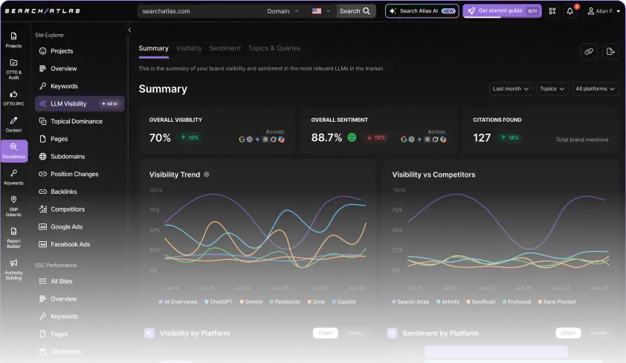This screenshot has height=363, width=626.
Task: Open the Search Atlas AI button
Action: click(422, 11)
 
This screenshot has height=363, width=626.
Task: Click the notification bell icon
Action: click(570, 11)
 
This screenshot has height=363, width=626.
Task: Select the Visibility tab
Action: click(189, 48)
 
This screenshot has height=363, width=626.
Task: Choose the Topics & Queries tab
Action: click(274, 48)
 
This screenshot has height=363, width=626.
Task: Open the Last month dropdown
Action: click(511, 88)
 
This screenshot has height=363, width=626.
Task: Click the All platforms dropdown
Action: click(596, 88)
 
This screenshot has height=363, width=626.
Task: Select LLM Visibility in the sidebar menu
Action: click(68, 104)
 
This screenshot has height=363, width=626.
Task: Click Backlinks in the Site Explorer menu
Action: click(63, 192)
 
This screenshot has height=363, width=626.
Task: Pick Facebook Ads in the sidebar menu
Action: click(70, 244)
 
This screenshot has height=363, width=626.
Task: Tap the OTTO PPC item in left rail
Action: click(13, 98)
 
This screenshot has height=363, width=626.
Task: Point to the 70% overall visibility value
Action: click(160, 137)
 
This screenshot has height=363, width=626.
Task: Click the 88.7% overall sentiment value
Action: click(326, 137)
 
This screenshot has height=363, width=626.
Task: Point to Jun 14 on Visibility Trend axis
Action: click(243, 287)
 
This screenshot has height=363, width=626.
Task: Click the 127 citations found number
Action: click(482, 137)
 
